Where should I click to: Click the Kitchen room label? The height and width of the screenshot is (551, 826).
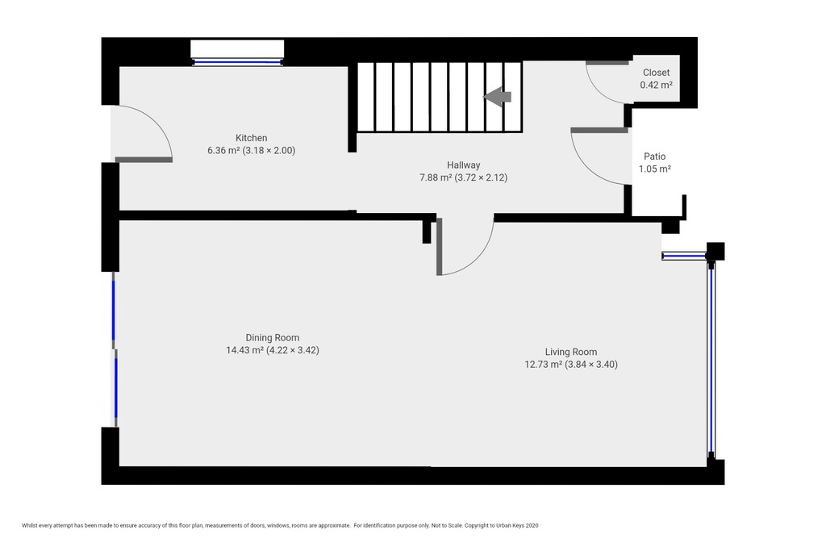tap(252, 138)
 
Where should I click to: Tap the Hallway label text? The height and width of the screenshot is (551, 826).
tap(464, 165)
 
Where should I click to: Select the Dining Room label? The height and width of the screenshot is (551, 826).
tap(273, 338)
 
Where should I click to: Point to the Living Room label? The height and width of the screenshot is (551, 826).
tap(571, 352)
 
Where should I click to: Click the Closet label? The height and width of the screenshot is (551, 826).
tap(656, 73)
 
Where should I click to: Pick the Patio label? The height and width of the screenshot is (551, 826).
tap(655, 157)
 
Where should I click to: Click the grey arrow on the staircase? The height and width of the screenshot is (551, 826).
tap(497, 97)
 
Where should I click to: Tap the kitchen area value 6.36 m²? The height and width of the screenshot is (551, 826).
tap(223, 151)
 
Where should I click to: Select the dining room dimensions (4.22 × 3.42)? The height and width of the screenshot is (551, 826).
tap(293, 350)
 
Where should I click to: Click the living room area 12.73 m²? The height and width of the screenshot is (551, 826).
tap(543, 365)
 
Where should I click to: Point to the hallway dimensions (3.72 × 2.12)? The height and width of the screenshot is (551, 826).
tap(481, 178)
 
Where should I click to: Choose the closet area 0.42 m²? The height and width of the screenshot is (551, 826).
tap(656, 85)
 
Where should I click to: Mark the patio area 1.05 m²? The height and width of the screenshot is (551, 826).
tap(655, 169)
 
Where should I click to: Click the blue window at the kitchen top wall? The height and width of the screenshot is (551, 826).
tap(237, 62)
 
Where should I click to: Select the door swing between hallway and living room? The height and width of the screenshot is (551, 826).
tap(479, 257)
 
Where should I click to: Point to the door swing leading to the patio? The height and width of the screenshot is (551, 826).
tap(584, 166)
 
